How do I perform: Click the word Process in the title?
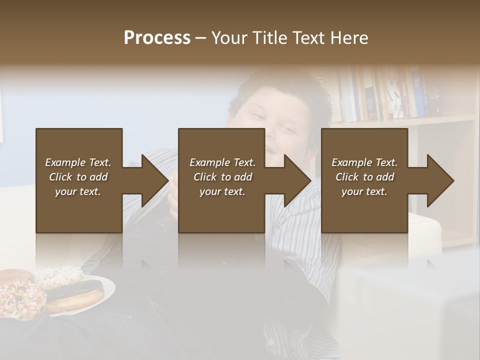157,38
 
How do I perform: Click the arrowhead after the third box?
440,180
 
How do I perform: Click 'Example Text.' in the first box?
78,162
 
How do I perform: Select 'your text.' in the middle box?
222,191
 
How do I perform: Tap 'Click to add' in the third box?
364,177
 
